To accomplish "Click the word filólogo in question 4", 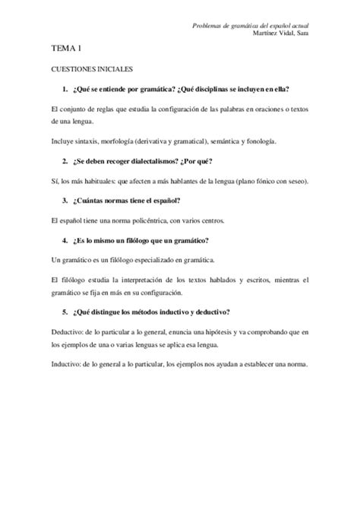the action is pyautogui.click(x=141, y=239).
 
